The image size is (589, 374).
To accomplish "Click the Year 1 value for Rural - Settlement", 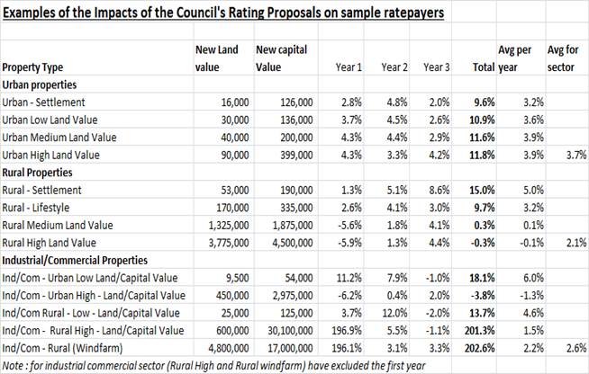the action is [x=351, y=191].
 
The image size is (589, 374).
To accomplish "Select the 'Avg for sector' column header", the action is [x=562, y=58].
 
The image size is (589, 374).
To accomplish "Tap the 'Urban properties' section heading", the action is [x=40, y=85].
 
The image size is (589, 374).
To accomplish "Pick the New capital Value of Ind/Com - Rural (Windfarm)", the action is [x=290, y=348].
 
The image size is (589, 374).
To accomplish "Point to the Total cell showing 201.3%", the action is [x=479, y=331].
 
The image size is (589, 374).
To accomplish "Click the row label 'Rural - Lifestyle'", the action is [x=36, y=208].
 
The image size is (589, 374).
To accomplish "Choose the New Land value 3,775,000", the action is [x=229, y=243].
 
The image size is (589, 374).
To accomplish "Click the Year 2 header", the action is [x=394, y=67].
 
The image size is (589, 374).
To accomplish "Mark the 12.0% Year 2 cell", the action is [x=394, y=313].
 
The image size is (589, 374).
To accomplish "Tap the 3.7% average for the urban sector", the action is [x=576, y=155].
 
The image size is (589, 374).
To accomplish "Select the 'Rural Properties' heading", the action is [x=37, y=173].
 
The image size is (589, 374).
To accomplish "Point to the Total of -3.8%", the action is [x=483, y=295].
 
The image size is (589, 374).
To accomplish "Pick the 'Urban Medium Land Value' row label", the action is [x=59, y=138].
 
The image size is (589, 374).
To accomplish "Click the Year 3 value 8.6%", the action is [x=439, y=191].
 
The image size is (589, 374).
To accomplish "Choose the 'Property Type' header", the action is [x=32, y=67].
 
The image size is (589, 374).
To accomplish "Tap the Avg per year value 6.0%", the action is [x=533, y=278].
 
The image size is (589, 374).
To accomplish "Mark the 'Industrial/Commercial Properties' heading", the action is [x=75, y=261].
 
